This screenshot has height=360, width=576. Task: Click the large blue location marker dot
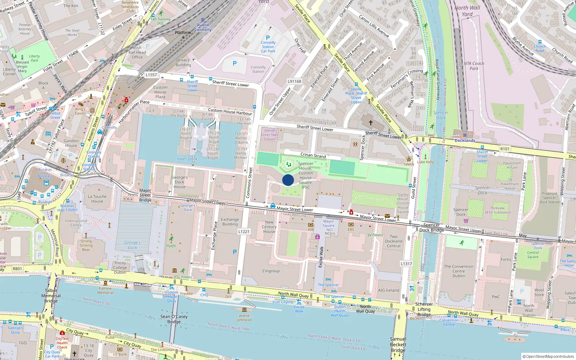tap(288, 180)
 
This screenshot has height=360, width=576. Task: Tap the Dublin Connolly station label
tap(203, 27)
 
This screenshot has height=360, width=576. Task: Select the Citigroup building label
tap(271, 271)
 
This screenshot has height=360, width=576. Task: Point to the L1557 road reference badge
tap(151, 75)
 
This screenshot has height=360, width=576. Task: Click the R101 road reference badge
tap(505, 149)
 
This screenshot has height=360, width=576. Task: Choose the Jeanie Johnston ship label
tap(244, 318)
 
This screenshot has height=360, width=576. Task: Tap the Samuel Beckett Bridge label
tap(398, 345)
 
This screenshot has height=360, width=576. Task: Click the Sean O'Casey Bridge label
tap(174, 319)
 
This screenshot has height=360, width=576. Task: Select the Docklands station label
tap(465, 140)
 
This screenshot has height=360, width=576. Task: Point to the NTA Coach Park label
tap(474, 66)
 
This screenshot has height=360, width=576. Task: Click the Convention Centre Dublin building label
tap(459, 271)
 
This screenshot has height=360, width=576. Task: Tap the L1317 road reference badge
tap(406, 264)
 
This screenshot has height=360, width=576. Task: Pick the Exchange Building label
tap(230, 222)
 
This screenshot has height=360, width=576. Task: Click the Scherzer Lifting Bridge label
tap(424, 309)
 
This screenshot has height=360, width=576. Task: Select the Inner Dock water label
tap(187, 159)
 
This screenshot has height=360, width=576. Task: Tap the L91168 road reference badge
tap(294, 81)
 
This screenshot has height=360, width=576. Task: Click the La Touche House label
tap(97, 199)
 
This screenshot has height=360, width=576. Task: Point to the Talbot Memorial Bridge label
tap(51, 296)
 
